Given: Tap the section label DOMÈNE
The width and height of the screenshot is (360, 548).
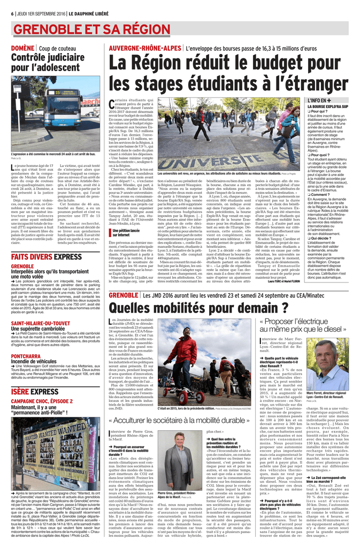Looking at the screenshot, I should tap(23, 48).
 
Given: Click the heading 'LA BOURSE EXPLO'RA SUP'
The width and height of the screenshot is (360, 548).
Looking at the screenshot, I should tap(328, 106).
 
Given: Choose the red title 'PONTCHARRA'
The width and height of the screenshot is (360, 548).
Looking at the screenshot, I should tap(26, 356).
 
